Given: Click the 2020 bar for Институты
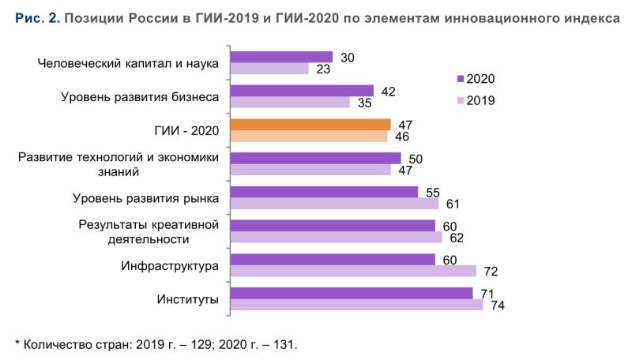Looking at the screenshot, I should [351, 293].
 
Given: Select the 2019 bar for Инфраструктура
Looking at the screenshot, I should [352, 271].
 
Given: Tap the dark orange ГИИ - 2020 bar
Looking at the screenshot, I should [310, 125].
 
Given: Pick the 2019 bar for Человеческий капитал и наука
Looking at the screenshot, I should [269, 69].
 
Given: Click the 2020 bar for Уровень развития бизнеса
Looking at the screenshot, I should [302, 91].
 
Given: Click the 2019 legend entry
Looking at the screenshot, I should [475, 99].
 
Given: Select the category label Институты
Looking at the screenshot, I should [189, 299].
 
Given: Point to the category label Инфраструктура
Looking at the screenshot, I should [170, 265].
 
